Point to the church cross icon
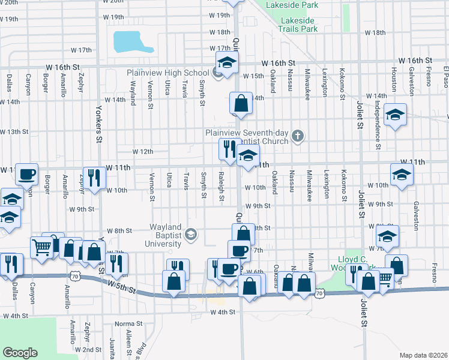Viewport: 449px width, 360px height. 297,137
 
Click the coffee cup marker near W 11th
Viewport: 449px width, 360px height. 26,175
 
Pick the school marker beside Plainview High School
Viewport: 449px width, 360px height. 227,62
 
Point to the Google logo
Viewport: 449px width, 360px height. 20,352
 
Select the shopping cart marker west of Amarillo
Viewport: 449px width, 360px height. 41,246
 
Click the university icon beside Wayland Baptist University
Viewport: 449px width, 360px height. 191,233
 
